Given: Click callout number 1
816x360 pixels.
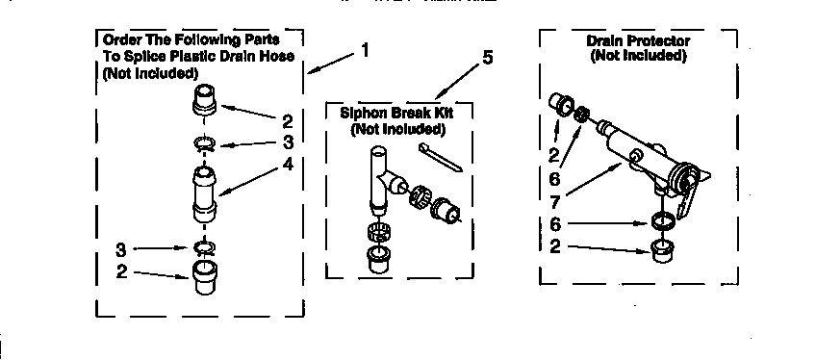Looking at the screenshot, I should point(364,49).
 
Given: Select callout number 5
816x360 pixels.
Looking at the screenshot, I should point(488,59).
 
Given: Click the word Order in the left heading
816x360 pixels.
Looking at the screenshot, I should point(121,40).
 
